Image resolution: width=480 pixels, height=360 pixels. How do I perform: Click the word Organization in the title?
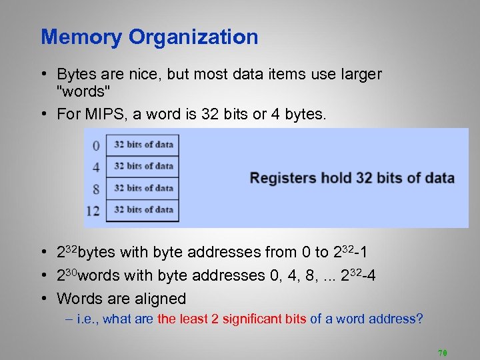[x=193, y=37]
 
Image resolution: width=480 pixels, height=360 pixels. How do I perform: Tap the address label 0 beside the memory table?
[x=96, y=145]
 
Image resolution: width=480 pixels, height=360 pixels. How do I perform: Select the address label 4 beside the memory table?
[x=96, y=167]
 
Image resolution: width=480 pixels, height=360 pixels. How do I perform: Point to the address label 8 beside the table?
[x=96, y=189]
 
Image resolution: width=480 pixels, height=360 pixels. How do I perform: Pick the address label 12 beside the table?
[x=93, y=211]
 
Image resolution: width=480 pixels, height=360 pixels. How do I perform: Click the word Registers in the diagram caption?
[x=281, y=178]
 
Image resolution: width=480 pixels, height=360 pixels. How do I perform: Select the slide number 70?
[x=442, y=352]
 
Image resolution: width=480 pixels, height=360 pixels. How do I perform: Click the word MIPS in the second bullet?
[x=101, y=114]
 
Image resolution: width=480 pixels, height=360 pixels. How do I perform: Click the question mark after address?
[x=420, y=319]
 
